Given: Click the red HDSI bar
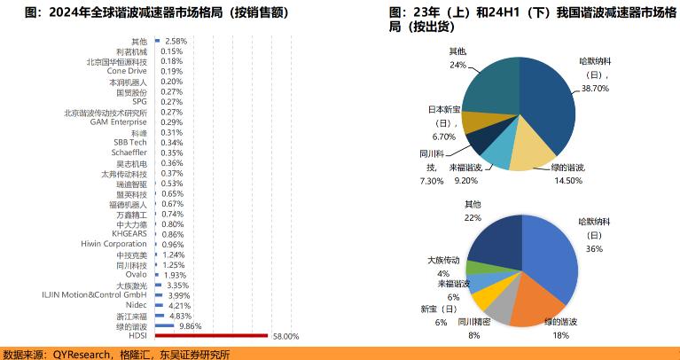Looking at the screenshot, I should click(x=210, y=336).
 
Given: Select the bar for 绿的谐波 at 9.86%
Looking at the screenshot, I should click(x=164, y=326).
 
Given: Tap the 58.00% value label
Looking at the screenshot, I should click(x=285, y=337).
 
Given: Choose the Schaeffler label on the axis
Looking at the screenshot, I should click(x=129, y=153).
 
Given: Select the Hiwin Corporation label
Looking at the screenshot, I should click(x=113, y=244).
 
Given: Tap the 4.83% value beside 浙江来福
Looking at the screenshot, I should click(x=180, y=316).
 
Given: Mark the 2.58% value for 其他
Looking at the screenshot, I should click(x=176, y=42).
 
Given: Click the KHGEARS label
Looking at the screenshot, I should click(x=130, y=234).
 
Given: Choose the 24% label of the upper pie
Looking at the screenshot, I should click(x=457, y=66).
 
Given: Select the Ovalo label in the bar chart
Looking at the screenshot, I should click(x=136, y=275).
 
